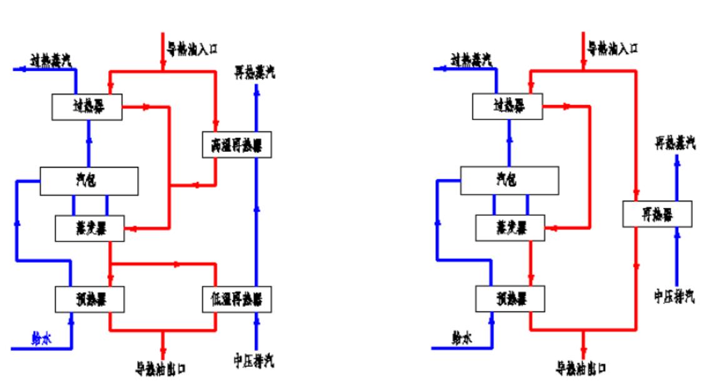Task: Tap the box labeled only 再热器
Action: coord(657,214)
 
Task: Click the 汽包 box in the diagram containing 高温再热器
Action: coord(88,180)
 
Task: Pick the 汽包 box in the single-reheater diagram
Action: coord(509,180)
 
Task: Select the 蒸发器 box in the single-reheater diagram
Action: coord(509,228)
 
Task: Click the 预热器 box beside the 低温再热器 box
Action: coord(89,298)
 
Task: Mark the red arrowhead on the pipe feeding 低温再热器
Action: coord(177,263)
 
